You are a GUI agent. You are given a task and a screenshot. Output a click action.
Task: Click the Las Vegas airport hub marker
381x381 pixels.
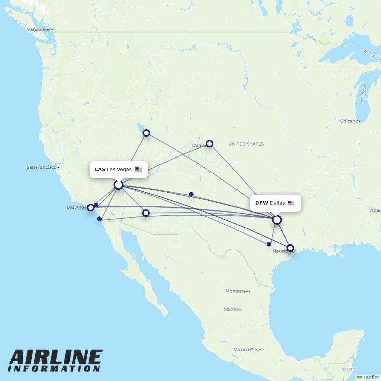[x=118, y=185]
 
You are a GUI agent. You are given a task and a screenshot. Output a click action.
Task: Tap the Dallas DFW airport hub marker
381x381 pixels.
[x=277, y=220]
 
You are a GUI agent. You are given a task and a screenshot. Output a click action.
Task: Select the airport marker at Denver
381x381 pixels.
[x=209, y=144]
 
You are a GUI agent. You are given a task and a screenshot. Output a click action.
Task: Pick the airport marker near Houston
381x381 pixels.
[x=290, y=248]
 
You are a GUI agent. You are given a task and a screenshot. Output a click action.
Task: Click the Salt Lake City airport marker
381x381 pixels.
[x=146, y=133]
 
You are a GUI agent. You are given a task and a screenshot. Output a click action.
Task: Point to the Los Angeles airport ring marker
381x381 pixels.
[x=90, y=208]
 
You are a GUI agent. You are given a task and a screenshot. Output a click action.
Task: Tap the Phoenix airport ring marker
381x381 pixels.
[x=146, y=213]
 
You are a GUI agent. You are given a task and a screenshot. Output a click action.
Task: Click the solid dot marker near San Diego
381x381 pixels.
[x=99, y=219]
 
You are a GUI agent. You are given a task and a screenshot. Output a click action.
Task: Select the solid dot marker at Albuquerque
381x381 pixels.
[x=191, y=194]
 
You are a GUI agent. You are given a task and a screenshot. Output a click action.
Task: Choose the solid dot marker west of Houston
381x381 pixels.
[x=269, y=244]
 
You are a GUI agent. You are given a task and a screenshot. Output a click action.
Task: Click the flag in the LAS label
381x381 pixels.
[x=138, y=170]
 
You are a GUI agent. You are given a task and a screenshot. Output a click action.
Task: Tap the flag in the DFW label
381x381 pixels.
[x=291, y=203]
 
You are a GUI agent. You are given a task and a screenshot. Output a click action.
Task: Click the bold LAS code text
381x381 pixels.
[x=100, y=170]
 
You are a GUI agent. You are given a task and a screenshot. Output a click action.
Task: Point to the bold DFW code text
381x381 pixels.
[x=262, y=203]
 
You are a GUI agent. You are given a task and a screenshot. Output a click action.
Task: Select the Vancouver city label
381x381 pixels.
[x=39, y=29]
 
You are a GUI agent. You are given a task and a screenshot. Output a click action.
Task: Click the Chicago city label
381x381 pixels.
[x=349, y=121]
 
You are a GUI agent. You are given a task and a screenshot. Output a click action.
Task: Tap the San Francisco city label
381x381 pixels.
[x=41, y=167]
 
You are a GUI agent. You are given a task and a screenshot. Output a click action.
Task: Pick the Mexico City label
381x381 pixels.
[x=246, y=350]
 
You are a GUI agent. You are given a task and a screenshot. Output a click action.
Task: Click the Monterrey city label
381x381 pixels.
[x=237, y=291]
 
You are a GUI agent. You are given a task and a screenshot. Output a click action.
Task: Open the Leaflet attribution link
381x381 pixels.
[x=371, y=377]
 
